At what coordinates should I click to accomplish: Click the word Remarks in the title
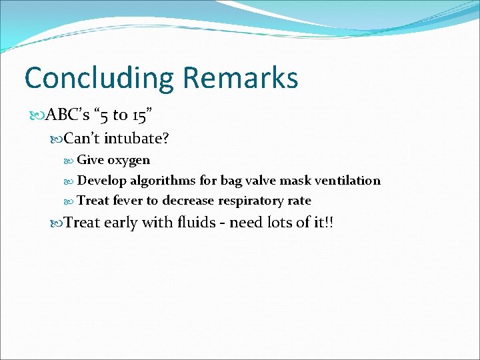(x=240, y=77)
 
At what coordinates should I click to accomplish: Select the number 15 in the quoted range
(x=141, y=115)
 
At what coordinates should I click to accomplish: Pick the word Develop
(x=102, y=181)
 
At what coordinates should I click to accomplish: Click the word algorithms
(x=163, y=181)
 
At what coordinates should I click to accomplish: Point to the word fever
(x=128, y=201)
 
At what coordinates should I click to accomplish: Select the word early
(x=121, y=223)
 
